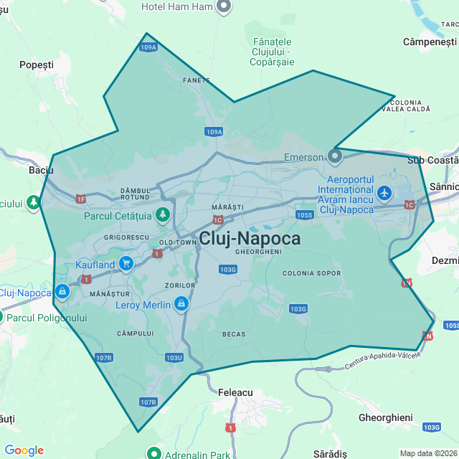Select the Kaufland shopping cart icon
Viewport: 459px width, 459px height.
(126, 263)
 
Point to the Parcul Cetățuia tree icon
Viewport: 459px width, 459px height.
(163, 214)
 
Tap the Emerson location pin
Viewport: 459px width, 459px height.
(335, 156)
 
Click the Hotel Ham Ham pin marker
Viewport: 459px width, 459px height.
(224, 7)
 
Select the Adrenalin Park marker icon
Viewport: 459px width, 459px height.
(154, 453)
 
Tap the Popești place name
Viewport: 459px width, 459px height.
(37, 65)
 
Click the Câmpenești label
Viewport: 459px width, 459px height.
(430, 42)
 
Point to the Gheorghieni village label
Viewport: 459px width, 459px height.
(385, 417)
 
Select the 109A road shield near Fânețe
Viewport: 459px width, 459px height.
(148, 47)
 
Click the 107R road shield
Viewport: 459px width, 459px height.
(148, 402)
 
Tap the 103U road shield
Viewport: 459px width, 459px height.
(174, 357)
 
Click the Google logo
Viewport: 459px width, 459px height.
(24, 450)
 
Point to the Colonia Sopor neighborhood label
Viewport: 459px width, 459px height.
(312, 273)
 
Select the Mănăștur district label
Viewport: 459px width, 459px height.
(109, 294)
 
